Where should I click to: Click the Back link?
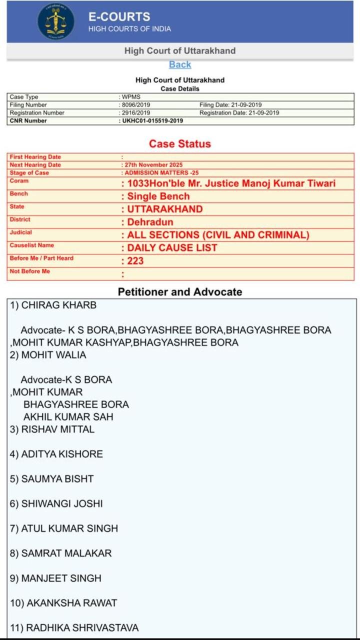click(180, 64)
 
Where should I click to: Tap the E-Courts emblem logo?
click(56, 22)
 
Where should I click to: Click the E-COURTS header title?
click(119, 16)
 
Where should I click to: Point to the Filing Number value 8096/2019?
click(136, 105)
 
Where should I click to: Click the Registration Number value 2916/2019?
click(136, 113)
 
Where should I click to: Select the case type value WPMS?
click(131, 97)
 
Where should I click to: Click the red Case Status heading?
click(180, 144)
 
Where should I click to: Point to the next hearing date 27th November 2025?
click(153, 165)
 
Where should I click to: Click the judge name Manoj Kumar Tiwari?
click(286, 183)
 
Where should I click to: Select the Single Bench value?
click(158, 196)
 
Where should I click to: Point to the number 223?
click(135, 261)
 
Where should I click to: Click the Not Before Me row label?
click(30, 271)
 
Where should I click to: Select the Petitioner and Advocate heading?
click(180, 292)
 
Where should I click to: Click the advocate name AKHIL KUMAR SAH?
click(68, 417)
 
